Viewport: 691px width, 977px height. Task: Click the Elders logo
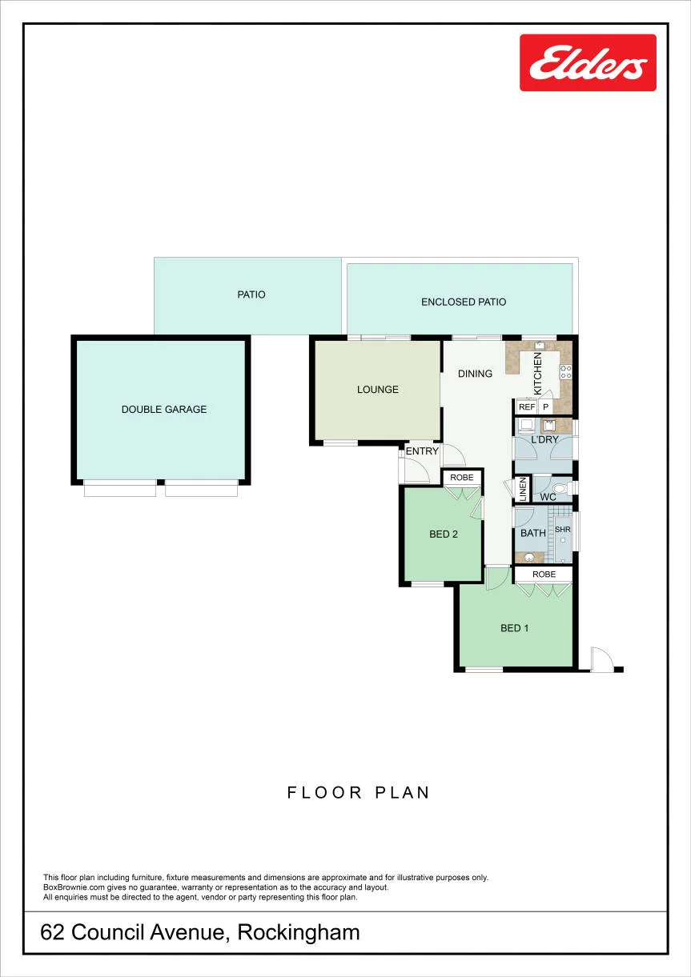pos(588,62)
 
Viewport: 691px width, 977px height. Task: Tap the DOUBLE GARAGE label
pos(164,409)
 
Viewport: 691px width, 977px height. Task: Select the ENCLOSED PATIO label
pos(464,302)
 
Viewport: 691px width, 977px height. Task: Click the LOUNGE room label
pos(378,390)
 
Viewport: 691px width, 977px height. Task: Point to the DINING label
pos(475,374)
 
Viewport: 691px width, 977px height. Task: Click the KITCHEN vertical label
pos(538,374)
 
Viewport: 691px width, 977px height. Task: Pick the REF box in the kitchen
pos(527,407)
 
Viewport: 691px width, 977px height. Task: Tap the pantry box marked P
pos(545,407)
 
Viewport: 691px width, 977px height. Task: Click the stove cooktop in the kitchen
pos(566,371)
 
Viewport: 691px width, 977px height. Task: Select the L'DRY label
pos(544,439)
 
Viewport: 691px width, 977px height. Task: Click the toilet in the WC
pos(563,488)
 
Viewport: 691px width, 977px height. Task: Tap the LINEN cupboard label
pos(523,490)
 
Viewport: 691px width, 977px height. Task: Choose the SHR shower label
pos(563,530)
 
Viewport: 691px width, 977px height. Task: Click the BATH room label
pos(533,533)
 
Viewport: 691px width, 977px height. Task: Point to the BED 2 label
pos(444,535)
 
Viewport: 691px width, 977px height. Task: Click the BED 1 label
pos(514,628)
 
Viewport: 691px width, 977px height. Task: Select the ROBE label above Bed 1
pos(544,575)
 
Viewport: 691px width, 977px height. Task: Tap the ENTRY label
pos(422,451)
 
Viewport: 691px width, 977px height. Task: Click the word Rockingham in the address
pos(299,932)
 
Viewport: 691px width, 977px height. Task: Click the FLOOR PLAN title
pos(359,792)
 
